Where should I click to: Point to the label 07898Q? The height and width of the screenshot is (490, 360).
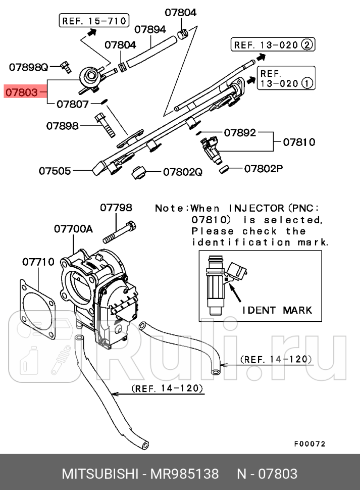point(29,67)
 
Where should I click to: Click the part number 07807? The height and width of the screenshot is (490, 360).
point(73,104)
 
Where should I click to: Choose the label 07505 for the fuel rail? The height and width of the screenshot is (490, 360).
point(55,171)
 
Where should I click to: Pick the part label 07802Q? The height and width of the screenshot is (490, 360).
point(182,172)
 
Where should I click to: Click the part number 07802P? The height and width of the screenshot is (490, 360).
point(264,168)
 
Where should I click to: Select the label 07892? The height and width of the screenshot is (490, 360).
point(240,133)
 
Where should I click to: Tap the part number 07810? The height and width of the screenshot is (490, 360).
point(299,142)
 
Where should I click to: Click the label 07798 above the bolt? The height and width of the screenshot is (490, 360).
point(116,207)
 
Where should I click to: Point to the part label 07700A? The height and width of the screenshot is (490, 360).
point(74,229)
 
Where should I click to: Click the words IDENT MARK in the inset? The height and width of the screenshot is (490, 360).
point(277,310)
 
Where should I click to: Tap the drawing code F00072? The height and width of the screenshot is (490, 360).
point(310,444)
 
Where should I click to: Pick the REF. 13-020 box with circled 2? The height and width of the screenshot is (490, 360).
point(273,45)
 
